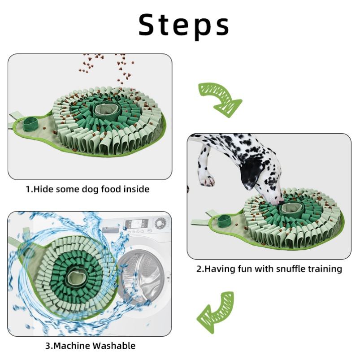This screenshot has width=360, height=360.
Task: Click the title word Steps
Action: [183, 25]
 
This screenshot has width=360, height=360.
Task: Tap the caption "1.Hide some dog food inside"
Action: [87, 189]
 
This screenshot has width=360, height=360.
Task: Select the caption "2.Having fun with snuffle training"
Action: [269, 269]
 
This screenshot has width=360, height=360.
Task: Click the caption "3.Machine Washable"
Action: [90, 346]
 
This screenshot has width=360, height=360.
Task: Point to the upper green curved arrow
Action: [219, 99]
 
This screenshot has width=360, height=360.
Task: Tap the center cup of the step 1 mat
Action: [104, 109]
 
